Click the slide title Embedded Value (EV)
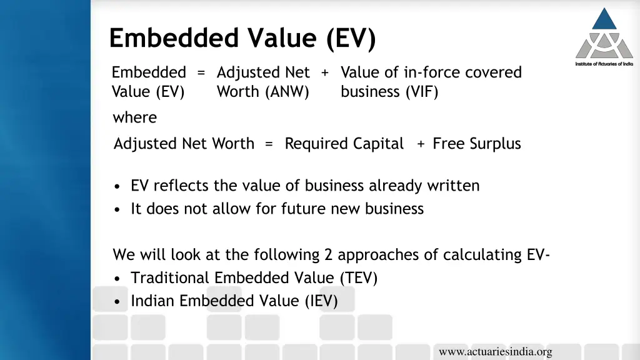coord(242,39)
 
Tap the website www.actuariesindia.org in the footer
coord(495,352)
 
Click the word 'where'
coord(134,117)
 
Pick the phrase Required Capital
coord(344,144)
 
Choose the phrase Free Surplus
coord(476,144)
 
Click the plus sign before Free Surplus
coord(421,144)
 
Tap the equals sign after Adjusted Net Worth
coord(269,144)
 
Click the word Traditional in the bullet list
coord(170,278)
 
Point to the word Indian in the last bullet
coord(152,301)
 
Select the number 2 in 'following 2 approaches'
coord(329,255)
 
